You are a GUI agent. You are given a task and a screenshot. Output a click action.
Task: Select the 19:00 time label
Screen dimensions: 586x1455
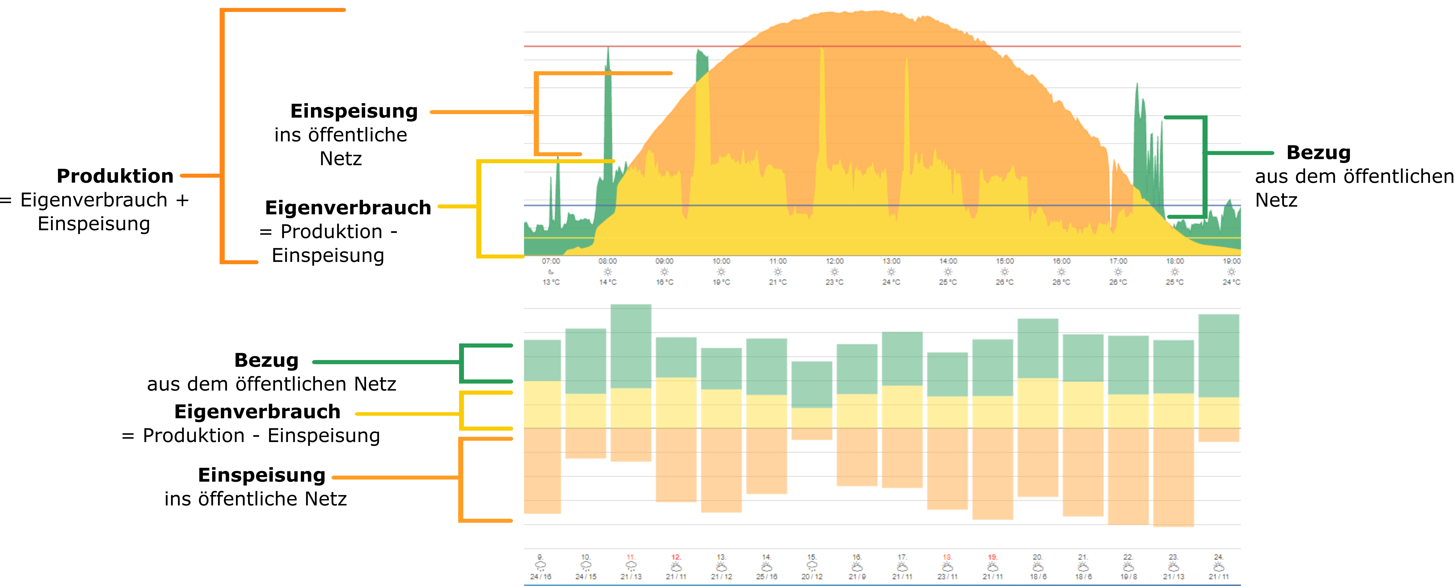(x=1231, y=261)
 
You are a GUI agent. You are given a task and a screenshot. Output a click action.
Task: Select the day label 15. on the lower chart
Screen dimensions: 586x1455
(x=812, y=557)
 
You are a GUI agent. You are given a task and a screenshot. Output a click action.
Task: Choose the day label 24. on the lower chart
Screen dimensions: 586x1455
(x=1218, y=557)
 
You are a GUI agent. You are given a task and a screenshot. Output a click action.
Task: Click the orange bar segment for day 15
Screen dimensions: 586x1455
(x=812, y=433)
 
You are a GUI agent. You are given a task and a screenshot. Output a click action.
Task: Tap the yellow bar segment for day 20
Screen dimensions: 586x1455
(x=1037, y=403)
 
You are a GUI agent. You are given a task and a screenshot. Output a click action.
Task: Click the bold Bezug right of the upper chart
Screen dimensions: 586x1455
(x=1318, y=153)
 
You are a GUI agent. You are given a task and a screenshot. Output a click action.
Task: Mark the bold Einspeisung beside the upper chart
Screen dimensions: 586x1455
(x=354, y=111)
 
